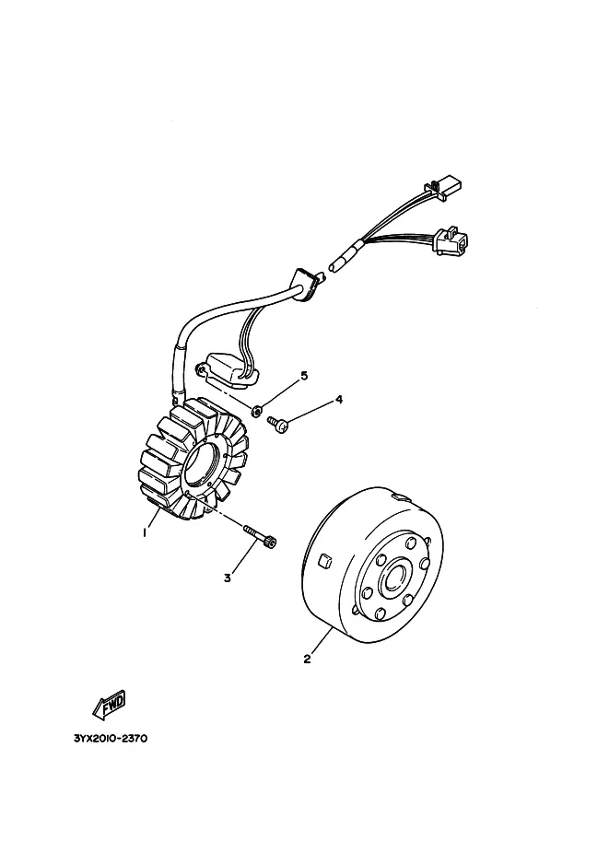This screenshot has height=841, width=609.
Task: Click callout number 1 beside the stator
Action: tap(145, 532)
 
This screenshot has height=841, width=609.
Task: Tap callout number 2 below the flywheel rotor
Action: tap(307, 659)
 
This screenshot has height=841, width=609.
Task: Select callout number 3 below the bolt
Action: tap(228, 578)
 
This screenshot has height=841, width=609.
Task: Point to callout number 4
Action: tap(338, 400)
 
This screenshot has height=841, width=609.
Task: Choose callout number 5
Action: tap(304, 376)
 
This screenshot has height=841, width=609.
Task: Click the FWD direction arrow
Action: tap(109, 705)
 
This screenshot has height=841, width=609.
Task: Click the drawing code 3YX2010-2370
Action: tap(111, 739)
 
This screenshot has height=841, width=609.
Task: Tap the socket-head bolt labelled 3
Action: tap(260, 536)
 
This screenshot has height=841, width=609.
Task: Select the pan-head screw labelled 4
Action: tap(278, 424)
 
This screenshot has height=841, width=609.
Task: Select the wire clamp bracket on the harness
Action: tap(308, 282)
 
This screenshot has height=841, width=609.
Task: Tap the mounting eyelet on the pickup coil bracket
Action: tap(200, 368)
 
